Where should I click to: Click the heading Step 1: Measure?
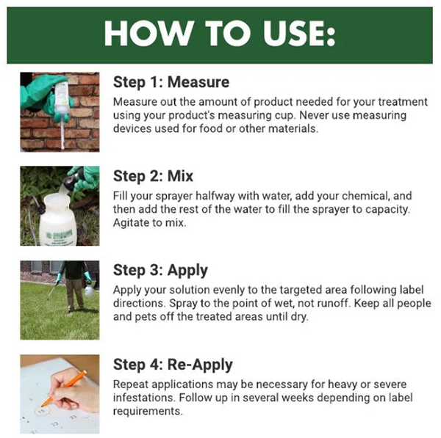coord(171,82)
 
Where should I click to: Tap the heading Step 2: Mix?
coord(153,176)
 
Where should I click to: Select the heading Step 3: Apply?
coord(160,271)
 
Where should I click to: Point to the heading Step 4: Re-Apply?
coord(173,365)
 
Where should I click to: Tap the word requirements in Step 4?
coord(147,412)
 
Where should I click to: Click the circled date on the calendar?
coord(42,412)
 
